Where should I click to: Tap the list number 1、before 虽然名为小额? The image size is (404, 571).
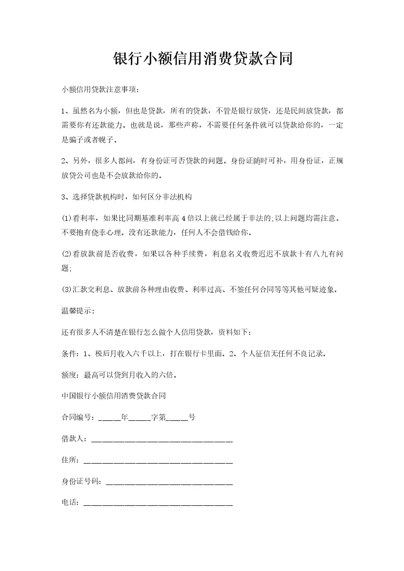coord(65,111)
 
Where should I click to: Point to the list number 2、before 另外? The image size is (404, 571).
coord(65,161)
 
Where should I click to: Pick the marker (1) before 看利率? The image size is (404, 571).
coord(67,218)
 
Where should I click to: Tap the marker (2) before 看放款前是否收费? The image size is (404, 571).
coord(67,253)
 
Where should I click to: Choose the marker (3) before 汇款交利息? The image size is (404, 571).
coord(67,290)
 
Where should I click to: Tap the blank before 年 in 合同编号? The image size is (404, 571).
coord(110,418)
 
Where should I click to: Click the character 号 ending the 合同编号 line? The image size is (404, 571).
coord(192,417)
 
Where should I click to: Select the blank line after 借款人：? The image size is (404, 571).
coord(161,440)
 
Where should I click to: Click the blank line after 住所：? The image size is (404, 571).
coord(157,461)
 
